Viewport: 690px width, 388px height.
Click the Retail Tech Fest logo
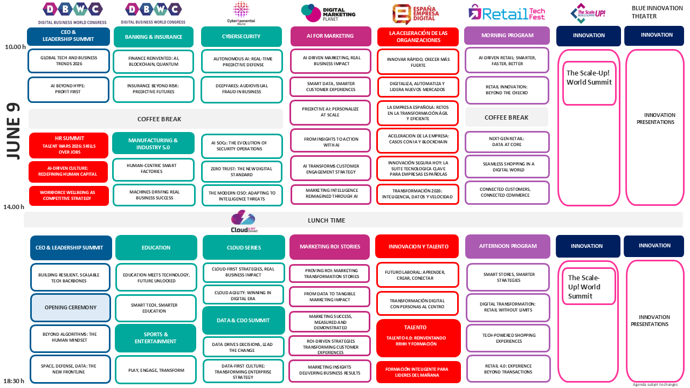click(506, 13)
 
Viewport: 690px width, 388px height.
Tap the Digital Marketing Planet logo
click(328, 13)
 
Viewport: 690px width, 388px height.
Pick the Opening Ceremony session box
click(70, 307)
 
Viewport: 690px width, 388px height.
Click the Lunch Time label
click(326, 220)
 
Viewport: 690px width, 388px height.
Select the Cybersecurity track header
click(241, 37)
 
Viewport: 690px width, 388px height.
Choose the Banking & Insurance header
click(154, 37)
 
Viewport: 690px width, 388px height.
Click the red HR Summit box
click(69, 145)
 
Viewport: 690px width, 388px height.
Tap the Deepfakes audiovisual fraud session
click(241, 89)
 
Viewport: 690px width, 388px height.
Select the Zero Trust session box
click(242, 171)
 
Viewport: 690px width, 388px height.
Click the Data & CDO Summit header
click(243, 321)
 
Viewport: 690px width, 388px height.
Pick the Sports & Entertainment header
click(155, 338)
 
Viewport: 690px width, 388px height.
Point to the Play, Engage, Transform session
click(156, 370)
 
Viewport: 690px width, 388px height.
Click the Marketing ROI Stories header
click(330, 247)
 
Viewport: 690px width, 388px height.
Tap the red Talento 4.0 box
click(418, 338)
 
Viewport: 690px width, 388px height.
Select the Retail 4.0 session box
click(508, 369)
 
